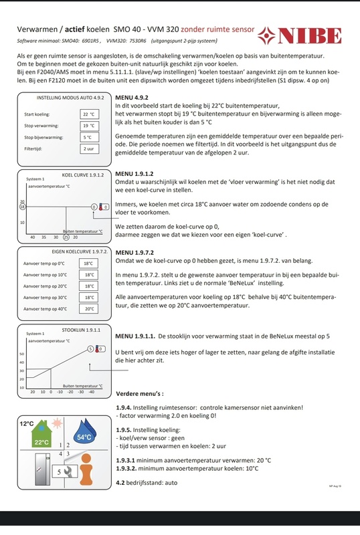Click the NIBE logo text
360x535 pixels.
point(310,36)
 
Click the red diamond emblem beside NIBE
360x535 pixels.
point(266,36)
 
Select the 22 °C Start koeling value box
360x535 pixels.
point(90,114)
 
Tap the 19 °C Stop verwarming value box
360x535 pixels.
point(90,126)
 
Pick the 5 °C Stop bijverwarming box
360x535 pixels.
point(90,137)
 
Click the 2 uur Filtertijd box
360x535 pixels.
point(90,148)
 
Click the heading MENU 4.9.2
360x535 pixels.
point(132,98)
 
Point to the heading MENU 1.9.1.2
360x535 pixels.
point(134,174)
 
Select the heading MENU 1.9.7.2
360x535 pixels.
point(134,253)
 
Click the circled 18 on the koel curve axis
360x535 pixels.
point(23,207)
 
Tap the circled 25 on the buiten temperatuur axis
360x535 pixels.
point(66,237)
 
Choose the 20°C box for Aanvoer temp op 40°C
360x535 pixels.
point(89,309)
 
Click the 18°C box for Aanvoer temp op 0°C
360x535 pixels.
point(89,263)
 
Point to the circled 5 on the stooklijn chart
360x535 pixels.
point(90,348)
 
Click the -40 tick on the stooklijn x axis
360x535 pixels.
point(92,392)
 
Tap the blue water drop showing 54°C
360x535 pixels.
point(85,433)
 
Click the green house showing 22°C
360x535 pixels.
point(41,434)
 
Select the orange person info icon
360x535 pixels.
point(86,469)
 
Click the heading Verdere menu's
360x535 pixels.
point(140,394)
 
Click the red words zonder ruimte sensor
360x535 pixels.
point(217,29)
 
